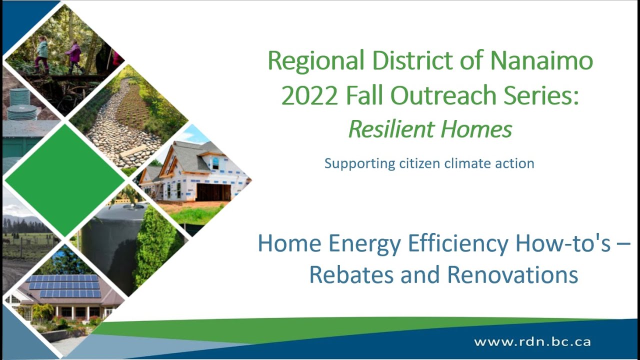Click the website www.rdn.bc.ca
[x=532, y=342]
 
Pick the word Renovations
[x=512, y=275]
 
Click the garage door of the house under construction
[x=213, y=192]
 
